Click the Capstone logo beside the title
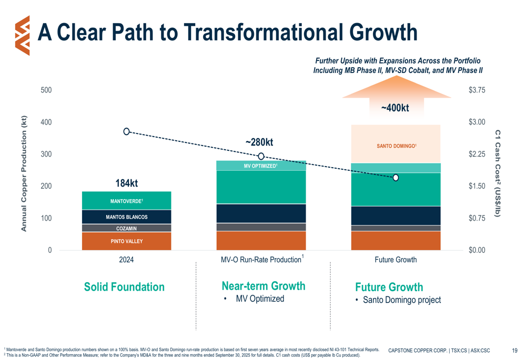coord(22,35)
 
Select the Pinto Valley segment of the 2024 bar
coord(126,241)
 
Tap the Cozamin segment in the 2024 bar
coord(126,229)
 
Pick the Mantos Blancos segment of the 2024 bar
coord(126,217)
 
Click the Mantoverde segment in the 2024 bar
coord(126,201)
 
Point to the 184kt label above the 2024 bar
coord(126,183)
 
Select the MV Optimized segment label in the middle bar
coord(261,166)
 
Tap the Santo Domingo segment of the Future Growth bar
coord(396,146)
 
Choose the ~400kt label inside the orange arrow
coord(395,108)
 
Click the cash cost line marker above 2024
coord(127,131)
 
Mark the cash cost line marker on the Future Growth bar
coord(396,178)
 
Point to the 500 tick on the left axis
coord(47,90)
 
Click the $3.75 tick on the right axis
coord(477,90)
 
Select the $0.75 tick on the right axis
coord(477,218)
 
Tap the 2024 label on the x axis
coord(126,260)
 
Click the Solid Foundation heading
coord(124,287)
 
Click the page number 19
coord(515,350)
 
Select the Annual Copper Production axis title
coord(24,173)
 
